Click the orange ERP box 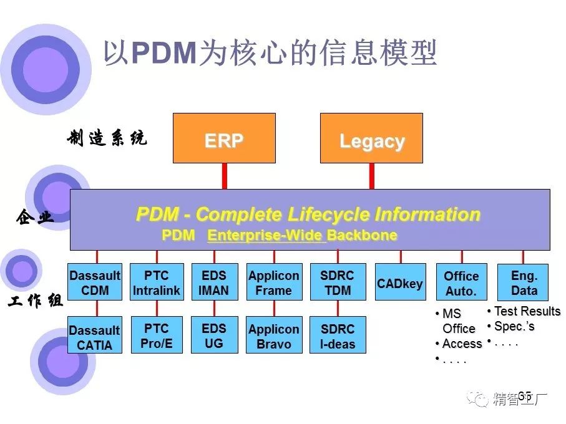[224, 138]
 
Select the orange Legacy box [371, 138]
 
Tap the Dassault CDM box [95, 282]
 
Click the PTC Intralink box [157, 282]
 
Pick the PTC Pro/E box [157, 335]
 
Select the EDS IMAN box [214, 282]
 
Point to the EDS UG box [214, 335]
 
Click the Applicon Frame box [274, 282]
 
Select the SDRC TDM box [338, 282]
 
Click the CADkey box [400, 283]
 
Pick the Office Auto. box [461, 283]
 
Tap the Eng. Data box [524, 283]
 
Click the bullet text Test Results [527, 311]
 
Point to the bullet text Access [462, 344]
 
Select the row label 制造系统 [107, 138]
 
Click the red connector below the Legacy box [371, 176]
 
